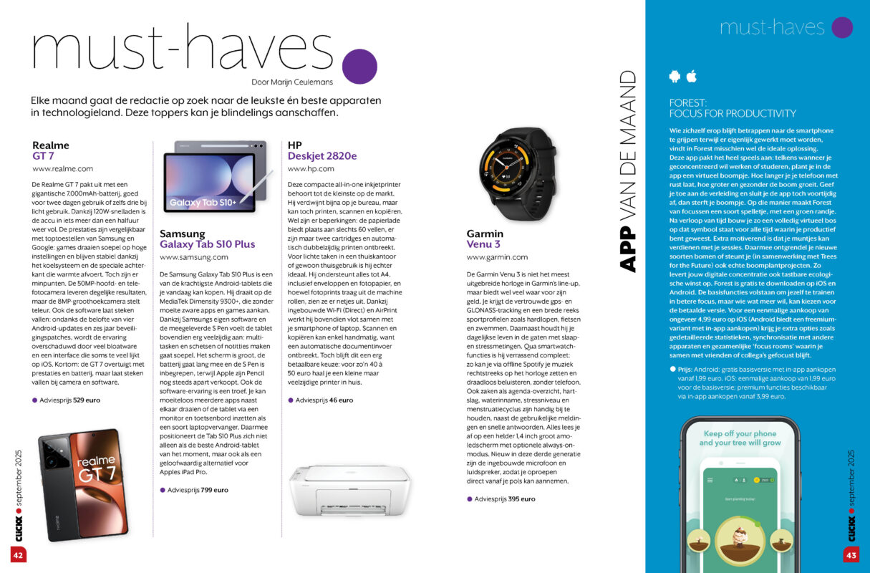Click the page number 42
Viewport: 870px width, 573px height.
point(18,554)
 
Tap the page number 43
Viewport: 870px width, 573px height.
point(851,554)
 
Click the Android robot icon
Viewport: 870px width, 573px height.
point(674,76)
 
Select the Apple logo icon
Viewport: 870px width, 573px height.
point(691,76)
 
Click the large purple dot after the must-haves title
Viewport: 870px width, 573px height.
point(359,67)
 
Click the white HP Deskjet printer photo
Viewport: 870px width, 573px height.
point(349,490)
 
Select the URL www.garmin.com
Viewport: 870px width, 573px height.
point(497,257)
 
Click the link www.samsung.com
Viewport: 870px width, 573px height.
point(194,256)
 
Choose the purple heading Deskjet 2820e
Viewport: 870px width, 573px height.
point(322,155)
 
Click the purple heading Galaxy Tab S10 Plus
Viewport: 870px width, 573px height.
point(207,244)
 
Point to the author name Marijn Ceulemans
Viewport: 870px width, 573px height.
point(292,82)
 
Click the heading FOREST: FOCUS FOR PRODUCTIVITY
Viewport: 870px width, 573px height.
point(732,108)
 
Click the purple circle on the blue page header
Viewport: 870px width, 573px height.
point(842,27)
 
